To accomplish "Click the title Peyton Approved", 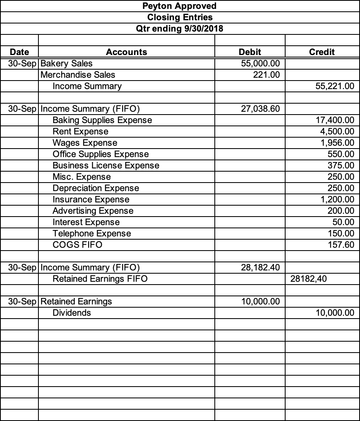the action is pyautogui.click(x=180, y=6).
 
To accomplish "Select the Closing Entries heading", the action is pyautogui.click(x=180, y=17).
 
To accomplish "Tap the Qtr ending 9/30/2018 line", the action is pyautogui.click(x=180, y=29).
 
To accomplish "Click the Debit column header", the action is pyautogui.click(x=250, y=52).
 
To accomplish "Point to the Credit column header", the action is pyautogui.click(x=322, y=52).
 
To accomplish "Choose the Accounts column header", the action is pyautogui.click(x=127, y=52).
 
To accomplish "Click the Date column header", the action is pyautogui.click(x=19, y=52).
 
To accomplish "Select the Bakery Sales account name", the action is pyautogui.click(x=67, y=64).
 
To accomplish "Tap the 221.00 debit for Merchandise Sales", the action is pyautogui.click(x=267, y=75).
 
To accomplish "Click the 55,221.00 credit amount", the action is pyautogui.click(x=334, y=86).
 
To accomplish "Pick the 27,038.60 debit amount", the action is pyautogui.click(x=260, y=109).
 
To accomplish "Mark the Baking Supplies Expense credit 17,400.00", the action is pyautogui.click(x=335, y=120).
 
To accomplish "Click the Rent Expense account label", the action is pyautogui.click(x=80, y=132).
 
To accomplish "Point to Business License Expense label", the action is pyautogui.click(x=106, y=166).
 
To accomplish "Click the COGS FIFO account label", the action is pyautogui.click(x=77, y=245).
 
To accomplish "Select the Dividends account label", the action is pyautogui.click(x=72, y=313).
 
